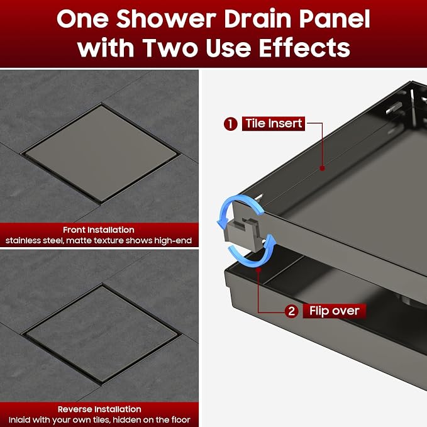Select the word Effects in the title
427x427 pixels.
pyautogui.click(x=304, y=48)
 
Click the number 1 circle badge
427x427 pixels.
pyautogui.click(x=231, y=124)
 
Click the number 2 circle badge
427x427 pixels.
pyautogui.click(x=291, y=311)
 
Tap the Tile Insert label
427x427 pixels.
pyautogui.click(x=274, y=124)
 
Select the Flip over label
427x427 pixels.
pyautogui.click(x=335, y=311)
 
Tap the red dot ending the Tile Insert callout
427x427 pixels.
pyautogui.click(x=322, y=169)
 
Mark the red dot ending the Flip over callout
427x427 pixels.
pyautogui.click(x=258, y=269)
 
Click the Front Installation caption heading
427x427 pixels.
pyautogui.click(x=99, y=230)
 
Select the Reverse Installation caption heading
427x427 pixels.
pyautogui.click(x=99, y=409)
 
